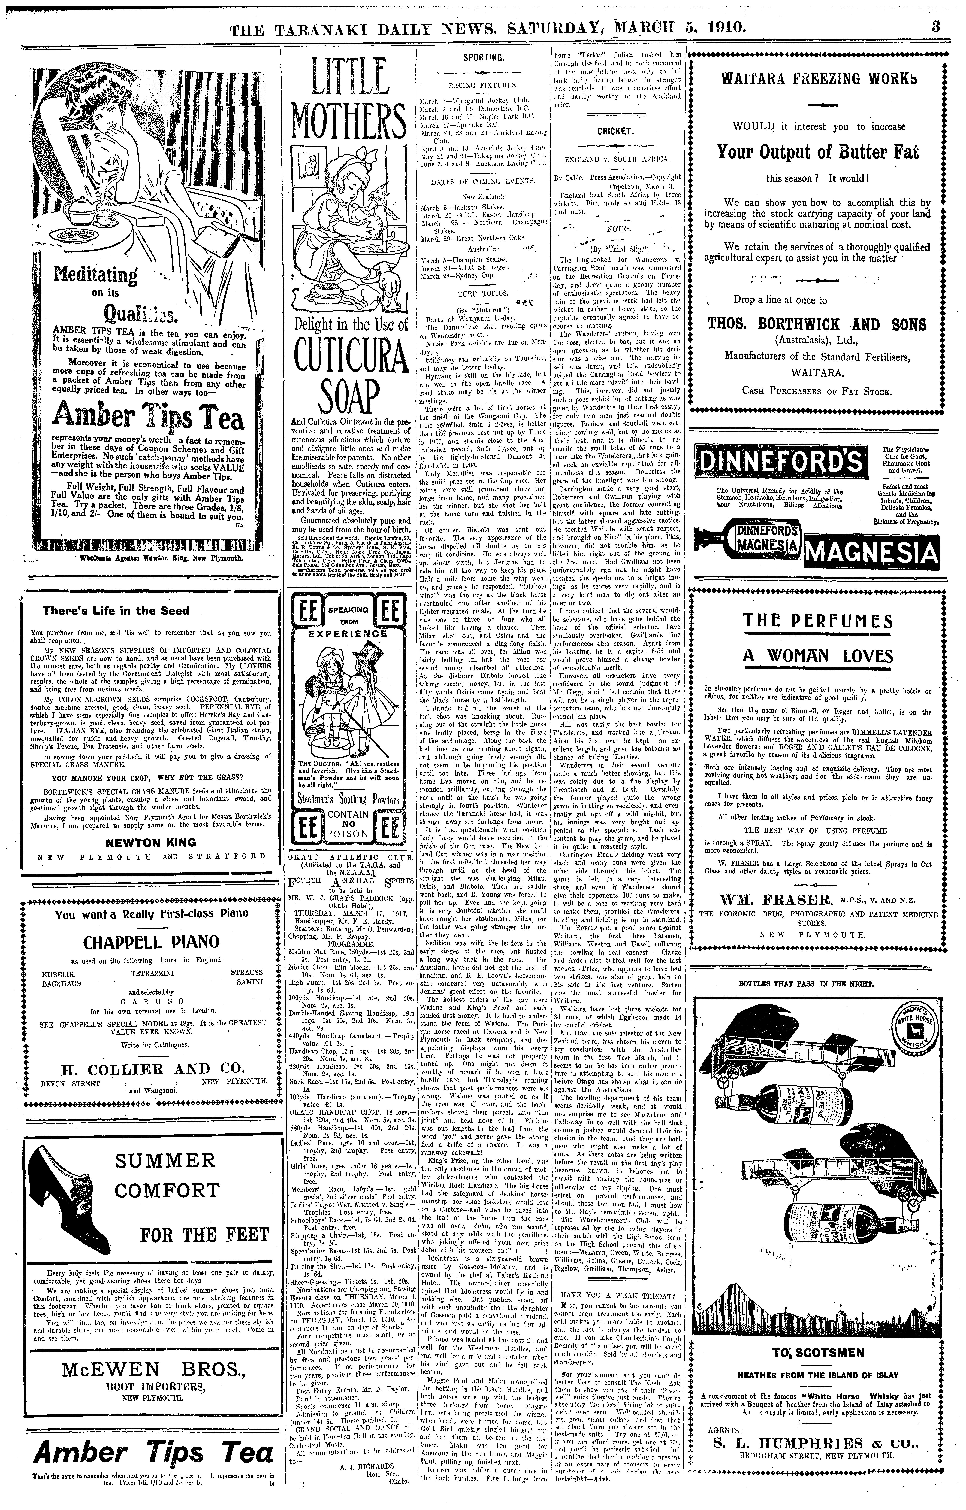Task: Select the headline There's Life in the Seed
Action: pyautogui.click(x=115, y=610)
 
